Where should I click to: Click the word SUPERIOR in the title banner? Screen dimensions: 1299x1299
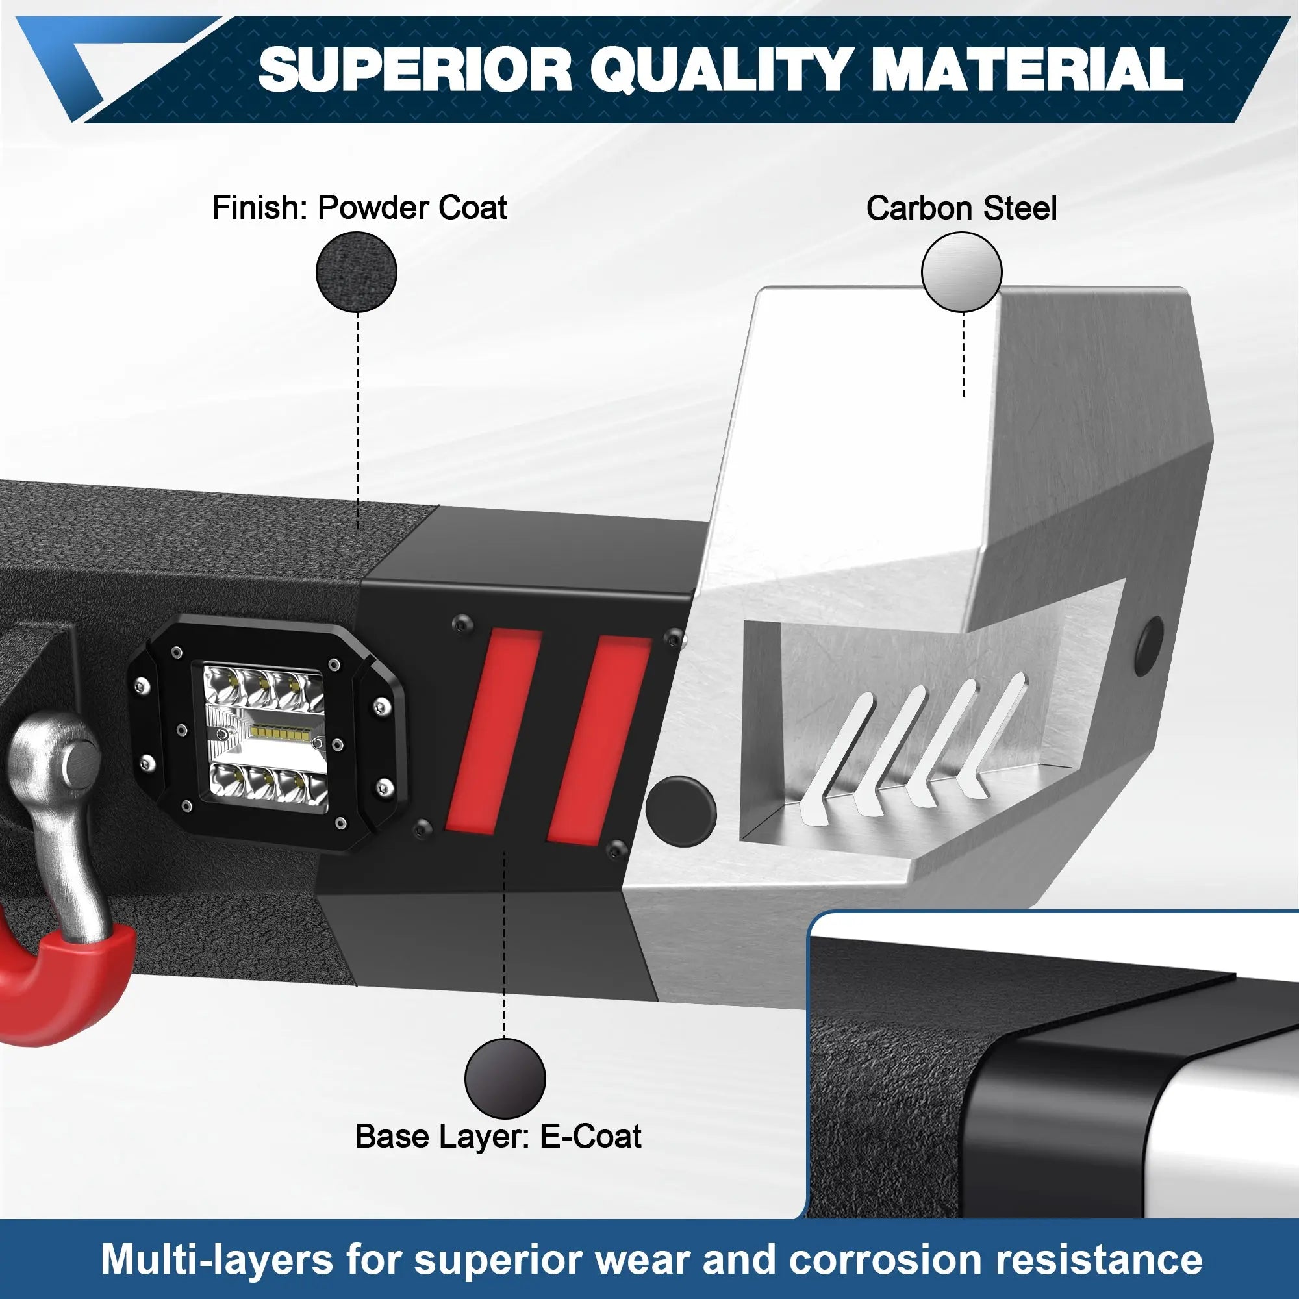click(416, 69)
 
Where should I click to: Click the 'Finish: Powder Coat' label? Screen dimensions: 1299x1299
click(359, 208)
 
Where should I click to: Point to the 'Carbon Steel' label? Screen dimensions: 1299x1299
click(961, 208)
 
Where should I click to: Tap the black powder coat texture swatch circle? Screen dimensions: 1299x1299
click(357, 271)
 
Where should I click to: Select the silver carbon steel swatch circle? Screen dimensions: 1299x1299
click(961, 272)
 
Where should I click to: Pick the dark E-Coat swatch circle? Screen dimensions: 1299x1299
click(504, 1078)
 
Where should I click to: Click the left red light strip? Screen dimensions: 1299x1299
click(492, 729)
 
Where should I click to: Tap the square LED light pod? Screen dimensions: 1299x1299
click(268, 737)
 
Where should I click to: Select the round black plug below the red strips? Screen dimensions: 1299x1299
click(681, 811)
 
